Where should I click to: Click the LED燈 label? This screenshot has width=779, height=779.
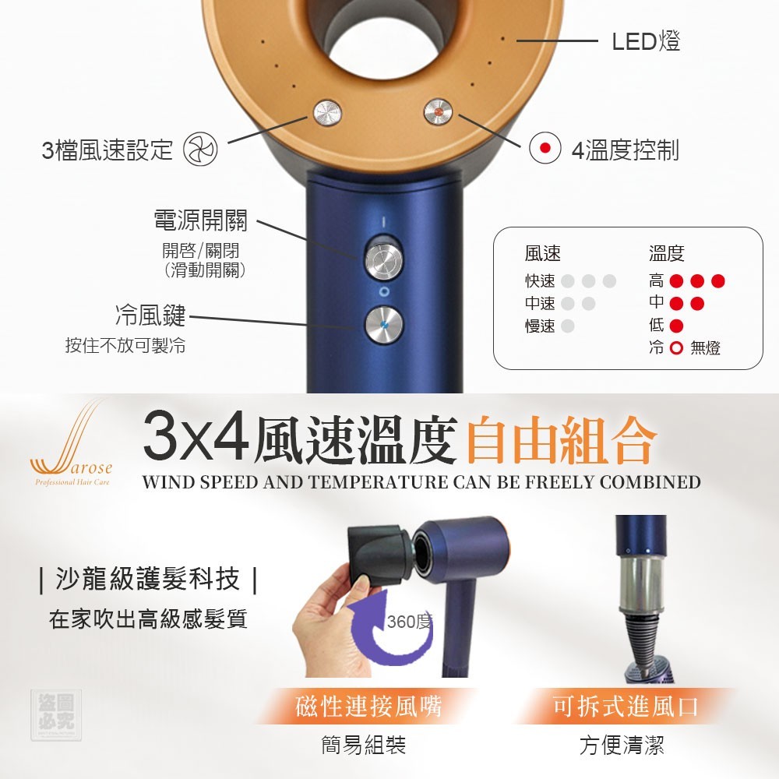[x=646, y=41]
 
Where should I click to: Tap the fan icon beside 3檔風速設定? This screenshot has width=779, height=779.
[x=201, y=149]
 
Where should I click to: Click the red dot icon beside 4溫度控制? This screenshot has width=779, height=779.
[x=545, y=148]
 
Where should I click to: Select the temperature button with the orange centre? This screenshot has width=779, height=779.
[x=438, y=112]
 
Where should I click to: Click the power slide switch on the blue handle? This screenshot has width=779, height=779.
[x=383, y=259]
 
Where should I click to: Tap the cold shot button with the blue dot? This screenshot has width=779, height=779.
[x=383, y=325]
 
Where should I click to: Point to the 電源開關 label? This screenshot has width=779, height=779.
[x=200, y=220]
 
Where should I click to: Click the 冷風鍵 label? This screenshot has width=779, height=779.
[x=150, y=315]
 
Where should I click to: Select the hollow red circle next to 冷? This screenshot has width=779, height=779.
[x=676, y=347]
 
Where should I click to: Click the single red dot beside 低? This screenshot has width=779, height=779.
[x=676, y=326]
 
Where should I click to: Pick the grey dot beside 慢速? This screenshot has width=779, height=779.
[x=567, y=326]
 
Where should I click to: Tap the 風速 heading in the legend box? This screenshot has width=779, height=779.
[x=542, y=253]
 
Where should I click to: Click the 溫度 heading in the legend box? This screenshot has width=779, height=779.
[x=666, y=253]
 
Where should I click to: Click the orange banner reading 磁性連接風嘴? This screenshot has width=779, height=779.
[x=368, y=706]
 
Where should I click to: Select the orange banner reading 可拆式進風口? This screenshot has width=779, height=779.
[x=626, y=706]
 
